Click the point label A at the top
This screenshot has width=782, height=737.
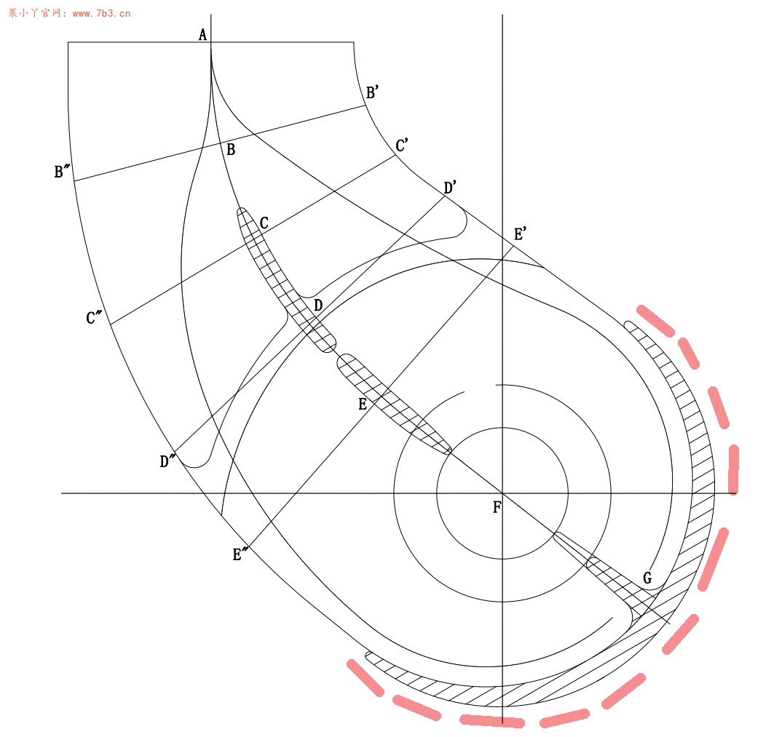pos(202,35)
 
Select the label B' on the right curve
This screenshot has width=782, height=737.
pos(373,92)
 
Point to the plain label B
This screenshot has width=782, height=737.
pos(230,149)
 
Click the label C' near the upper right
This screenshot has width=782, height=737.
pos(402,146)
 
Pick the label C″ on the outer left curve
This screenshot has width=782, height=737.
pos(94,317)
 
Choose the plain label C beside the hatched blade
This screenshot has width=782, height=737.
pos(264,223)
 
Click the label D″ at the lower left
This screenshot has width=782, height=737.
pos(168,461)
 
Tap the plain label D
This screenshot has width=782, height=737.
pos(318,306)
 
